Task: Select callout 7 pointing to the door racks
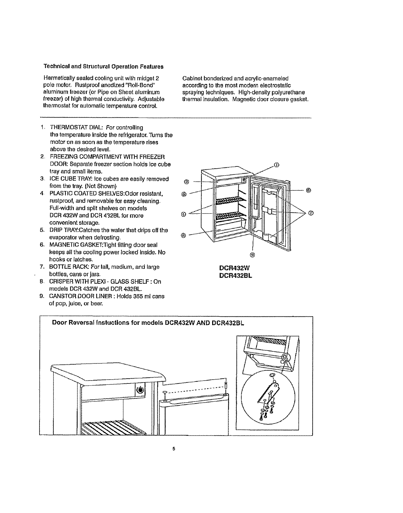[x=311, y=213]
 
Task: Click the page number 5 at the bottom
[x=174, y=449]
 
